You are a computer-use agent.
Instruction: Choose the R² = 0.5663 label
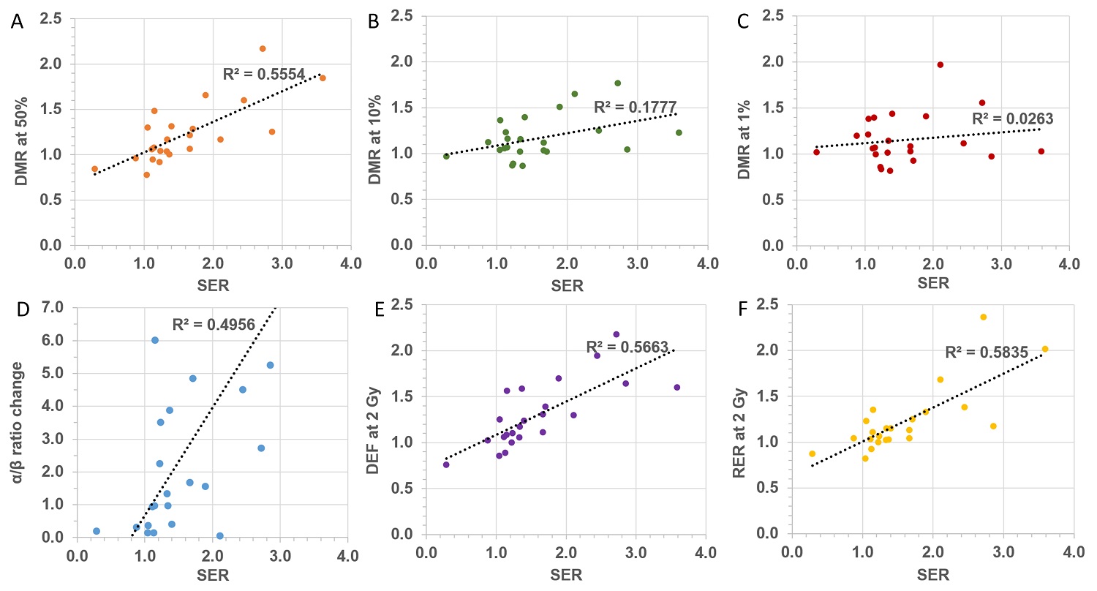point(626,348)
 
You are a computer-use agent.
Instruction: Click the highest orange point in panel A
point(262,48)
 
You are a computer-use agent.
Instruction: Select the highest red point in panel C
point(940,64)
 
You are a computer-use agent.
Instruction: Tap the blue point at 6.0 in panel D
point(155,340)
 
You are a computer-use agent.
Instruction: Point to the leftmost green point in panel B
point(446,156)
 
